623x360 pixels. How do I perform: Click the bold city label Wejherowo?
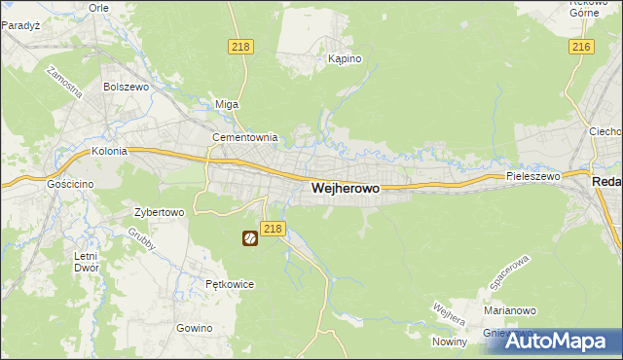(345, 189)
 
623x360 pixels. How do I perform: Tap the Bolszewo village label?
(125, 87)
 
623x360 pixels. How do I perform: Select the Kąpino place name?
(345, 59)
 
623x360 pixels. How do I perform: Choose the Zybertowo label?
(159, 211)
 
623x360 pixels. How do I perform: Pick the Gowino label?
(195, 328)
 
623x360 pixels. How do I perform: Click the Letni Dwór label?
(87, 262)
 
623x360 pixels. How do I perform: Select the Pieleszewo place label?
(533, 177)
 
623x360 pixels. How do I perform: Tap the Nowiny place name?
(451, 341)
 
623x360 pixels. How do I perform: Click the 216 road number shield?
(582, 47)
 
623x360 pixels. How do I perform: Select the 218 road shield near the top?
(242, 47)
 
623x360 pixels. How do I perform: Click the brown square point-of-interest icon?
(249, 237)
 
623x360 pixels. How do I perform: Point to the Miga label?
(227, 105)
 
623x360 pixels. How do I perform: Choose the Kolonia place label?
(110, 152)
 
